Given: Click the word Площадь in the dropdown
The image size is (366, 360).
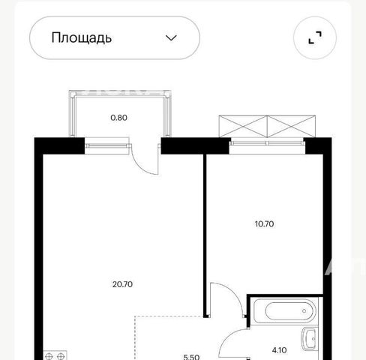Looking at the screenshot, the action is [x=82, y=38].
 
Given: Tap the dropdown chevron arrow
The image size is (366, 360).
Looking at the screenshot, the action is [x=171, y=38].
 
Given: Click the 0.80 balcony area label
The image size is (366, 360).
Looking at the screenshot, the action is [x=118, y=118].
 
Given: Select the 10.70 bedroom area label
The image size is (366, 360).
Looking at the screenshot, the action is [x=264, y=223].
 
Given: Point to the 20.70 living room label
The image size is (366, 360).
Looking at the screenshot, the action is [x=122, y=284].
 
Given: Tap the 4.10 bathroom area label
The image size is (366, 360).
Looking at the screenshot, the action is [x=279, y=350].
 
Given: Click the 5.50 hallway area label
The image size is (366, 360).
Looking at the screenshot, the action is [x=191, y=357].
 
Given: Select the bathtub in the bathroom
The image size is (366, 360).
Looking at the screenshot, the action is [x=285, y=311].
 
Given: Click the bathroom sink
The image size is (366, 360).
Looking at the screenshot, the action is [x=310, y=339].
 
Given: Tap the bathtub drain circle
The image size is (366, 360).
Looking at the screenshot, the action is [x=304, y=311].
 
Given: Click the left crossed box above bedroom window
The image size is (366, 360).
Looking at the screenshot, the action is [x=243, y=127].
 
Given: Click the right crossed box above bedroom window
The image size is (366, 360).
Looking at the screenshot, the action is [x=291, y=127].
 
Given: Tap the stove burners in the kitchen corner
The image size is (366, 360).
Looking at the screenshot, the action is [x=55, y=355].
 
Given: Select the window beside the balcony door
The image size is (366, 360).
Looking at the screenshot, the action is [x=107, y=146].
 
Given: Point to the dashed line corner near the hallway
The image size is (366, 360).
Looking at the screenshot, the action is [x=135, y=316].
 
